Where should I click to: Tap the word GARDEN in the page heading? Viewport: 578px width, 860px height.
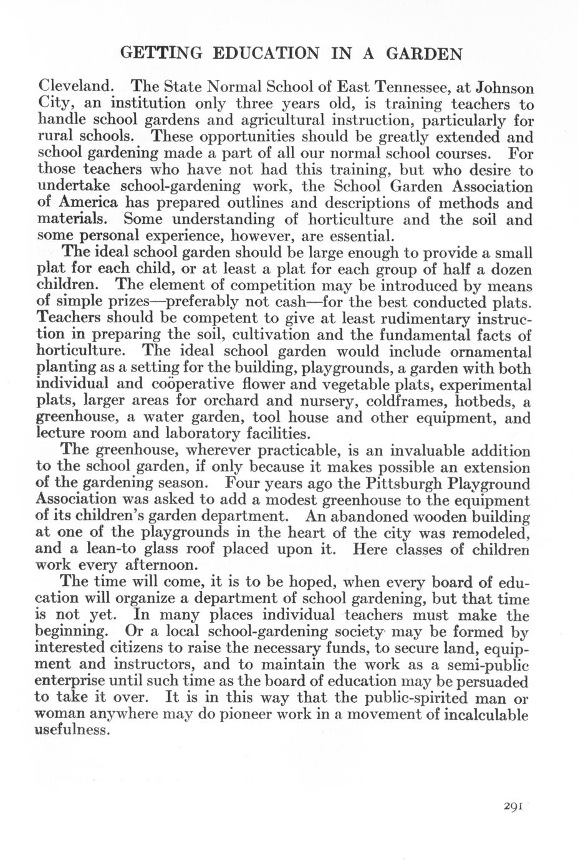pyautogui.click(x=424, y=54)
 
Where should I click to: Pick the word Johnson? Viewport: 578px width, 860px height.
pyautogui.click(x=499, y=86)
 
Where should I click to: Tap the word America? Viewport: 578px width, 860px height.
pyautogui.click(x=87, y=203)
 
